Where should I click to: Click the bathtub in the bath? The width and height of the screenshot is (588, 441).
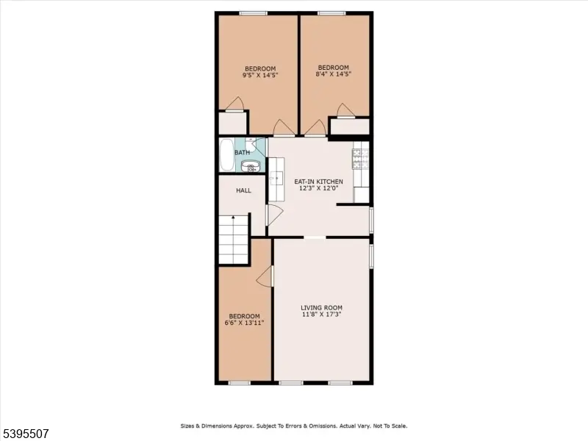[x=226, y=155]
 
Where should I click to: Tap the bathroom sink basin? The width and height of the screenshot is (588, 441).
[x=252, y=166]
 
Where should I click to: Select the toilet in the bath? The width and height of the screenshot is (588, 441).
[x=251, y=144]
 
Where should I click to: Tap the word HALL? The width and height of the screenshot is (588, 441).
[x=243, y=190]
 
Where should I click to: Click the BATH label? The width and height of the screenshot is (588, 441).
[x=242, y=153]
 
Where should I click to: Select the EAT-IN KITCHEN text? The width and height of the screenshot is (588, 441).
[x=318, y=181]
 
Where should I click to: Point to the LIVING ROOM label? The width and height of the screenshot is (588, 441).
[x=321, y=307]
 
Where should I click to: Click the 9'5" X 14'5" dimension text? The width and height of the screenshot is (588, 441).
[x=260, y=75]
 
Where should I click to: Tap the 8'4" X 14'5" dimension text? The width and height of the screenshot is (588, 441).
[x=333, y=73]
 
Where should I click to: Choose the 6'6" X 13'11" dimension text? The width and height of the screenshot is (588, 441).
[x=244, y=322]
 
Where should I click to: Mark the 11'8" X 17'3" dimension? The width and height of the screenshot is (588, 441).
[x=321, y=315]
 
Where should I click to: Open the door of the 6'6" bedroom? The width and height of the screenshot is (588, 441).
[x=266, y=276]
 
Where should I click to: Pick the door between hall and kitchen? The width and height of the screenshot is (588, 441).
[x=273, y=215]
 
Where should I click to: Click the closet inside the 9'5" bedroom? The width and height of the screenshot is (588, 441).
[x=233, y=123]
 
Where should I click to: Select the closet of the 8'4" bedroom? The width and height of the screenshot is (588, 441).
[x=349, y=126]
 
